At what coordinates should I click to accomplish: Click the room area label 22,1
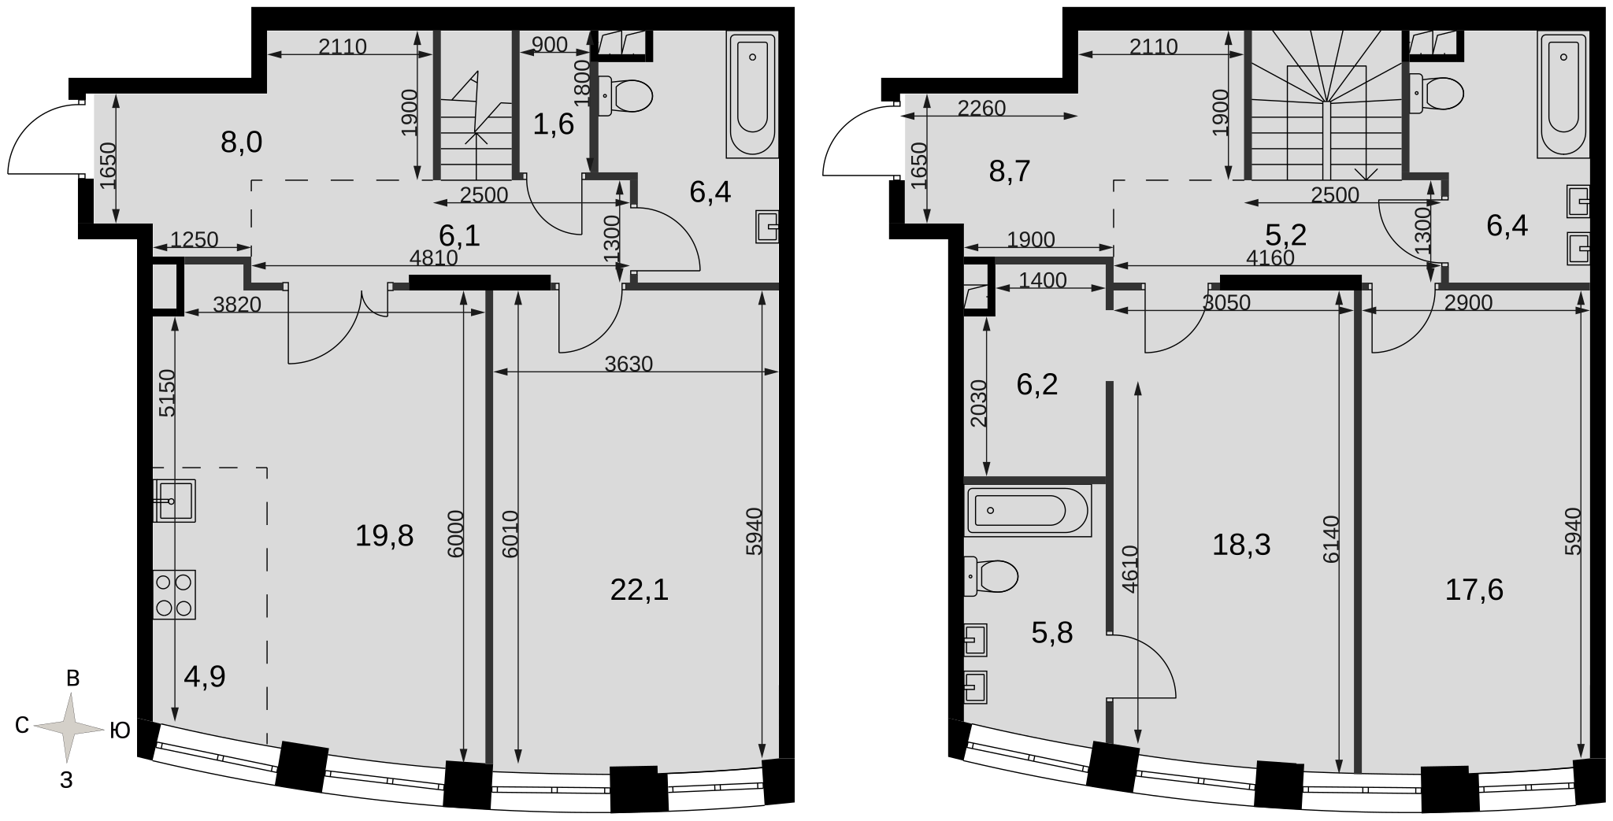pyautogui.click(x=640, y=589)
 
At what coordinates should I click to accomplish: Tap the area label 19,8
pyautogui.click(x=384, y=536)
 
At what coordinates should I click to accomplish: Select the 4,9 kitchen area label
pyautogui.click(x=205, y=676)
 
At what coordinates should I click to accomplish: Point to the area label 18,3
pyautogui.click(x=1241, y=544)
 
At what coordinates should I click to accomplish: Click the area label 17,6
pyautogui.click(x=1474, y=589)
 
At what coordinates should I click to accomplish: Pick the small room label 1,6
pyautogui.click(x=554, y=124)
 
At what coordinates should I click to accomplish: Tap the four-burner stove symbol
pyautogui.click(x=174, y=594)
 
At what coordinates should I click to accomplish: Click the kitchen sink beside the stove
pyautogui.click(x=174, y=500)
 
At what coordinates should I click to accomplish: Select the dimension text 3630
pyautogui.click(x=629, y=364)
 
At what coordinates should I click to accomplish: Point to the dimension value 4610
pyautogui.click(x=1130, y=569)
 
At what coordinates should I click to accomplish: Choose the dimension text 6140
pyautogui.click(x=1331, y=539)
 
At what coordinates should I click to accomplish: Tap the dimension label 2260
pyautogui.click(x=982, y=108)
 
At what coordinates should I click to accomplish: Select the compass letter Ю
pyautogui.click(x=120, y=731)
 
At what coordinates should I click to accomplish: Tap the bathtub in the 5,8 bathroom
pyautogui.click(x=1028, y=511)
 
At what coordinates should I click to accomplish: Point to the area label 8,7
pyautogui.click(x=1010, y=170)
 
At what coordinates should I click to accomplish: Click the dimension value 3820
pyautogui.click(x=237, y=304)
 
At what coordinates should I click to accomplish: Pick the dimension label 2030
pyautogui.click(x=977, y=404)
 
